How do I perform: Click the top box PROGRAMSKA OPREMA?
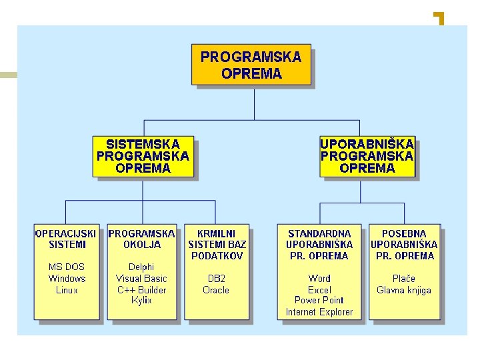251,65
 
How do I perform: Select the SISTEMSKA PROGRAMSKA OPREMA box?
143,157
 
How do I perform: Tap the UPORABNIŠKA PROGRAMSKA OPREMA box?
367,157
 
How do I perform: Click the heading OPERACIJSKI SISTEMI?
66,239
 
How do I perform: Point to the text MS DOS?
67,267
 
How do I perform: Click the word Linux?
67,290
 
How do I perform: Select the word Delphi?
141,267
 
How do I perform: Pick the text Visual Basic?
141,279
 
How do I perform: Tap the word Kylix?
141,301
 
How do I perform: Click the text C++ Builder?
141,290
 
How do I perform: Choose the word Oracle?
216,290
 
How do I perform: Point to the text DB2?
216,279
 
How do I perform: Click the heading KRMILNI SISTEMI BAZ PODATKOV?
217,245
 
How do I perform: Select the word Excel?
319,290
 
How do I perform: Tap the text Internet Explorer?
319,312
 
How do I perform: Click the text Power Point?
319,301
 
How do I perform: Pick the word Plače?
404,279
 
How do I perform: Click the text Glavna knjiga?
404,290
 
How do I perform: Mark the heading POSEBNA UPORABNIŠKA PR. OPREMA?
404,245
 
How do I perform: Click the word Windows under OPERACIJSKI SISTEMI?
67,279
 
